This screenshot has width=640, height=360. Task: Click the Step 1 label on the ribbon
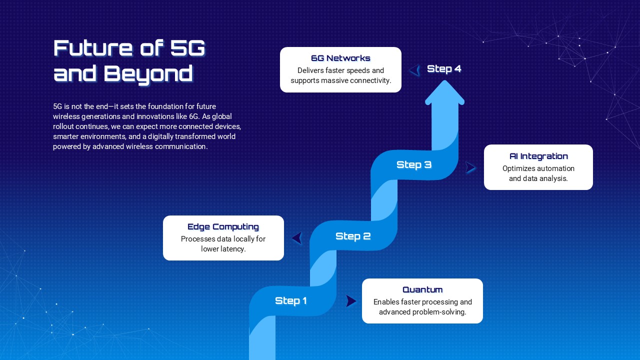291,300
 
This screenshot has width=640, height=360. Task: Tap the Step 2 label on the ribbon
353,236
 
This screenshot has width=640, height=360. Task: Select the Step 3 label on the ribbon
414,164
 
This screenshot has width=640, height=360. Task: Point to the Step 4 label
444,69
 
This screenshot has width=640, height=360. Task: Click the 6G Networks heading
340,58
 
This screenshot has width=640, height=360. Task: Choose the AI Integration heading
538,156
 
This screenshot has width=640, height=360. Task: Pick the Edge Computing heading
223,227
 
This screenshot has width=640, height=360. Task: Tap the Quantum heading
422,289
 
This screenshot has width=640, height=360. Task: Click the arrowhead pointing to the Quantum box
351,301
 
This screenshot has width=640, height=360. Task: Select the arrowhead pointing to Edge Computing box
297,238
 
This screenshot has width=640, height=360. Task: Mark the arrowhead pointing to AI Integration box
470,167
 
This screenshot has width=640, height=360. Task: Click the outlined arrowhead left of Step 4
414,70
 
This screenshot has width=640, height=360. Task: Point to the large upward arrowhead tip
444,80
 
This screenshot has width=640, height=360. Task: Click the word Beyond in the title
148,73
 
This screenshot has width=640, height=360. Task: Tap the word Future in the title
93,47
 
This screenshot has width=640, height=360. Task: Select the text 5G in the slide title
187,47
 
